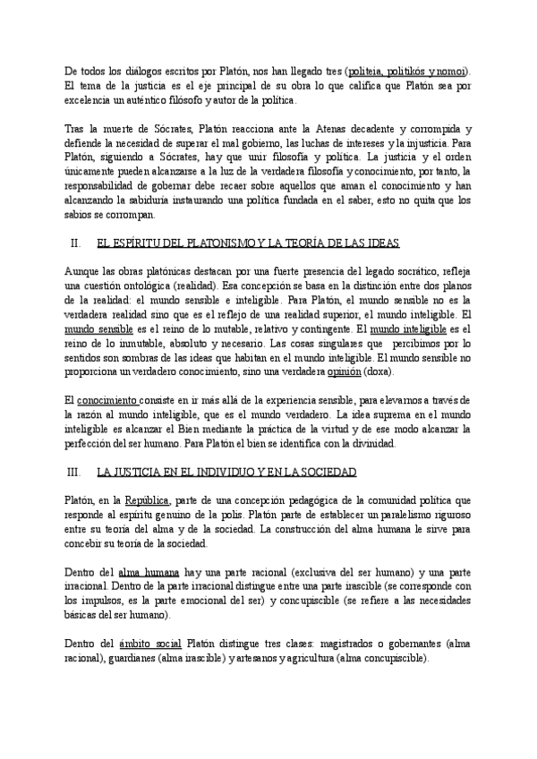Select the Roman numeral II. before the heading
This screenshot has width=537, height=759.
pos(76,243)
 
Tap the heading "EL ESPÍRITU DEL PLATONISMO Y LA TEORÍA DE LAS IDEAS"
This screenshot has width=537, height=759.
pos(248,243)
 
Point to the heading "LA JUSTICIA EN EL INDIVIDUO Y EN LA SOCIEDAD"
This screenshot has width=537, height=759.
pos(226,472)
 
